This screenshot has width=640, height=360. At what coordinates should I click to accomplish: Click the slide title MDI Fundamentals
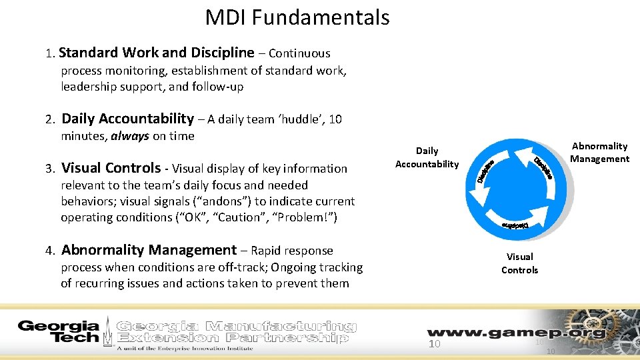297,17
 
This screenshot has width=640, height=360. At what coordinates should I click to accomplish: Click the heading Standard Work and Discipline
158,53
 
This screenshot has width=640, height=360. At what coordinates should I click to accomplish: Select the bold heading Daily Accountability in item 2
127,119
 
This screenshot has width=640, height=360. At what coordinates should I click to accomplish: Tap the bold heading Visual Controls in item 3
111,168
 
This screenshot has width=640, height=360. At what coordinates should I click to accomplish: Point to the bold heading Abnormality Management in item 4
149,250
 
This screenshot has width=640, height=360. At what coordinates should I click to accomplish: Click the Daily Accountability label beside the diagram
427,157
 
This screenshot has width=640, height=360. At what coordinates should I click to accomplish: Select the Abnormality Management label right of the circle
599,152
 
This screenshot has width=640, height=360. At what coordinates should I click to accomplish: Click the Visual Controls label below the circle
519,263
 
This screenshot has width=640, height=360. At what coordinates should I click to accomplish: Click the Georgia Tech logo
58,331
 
